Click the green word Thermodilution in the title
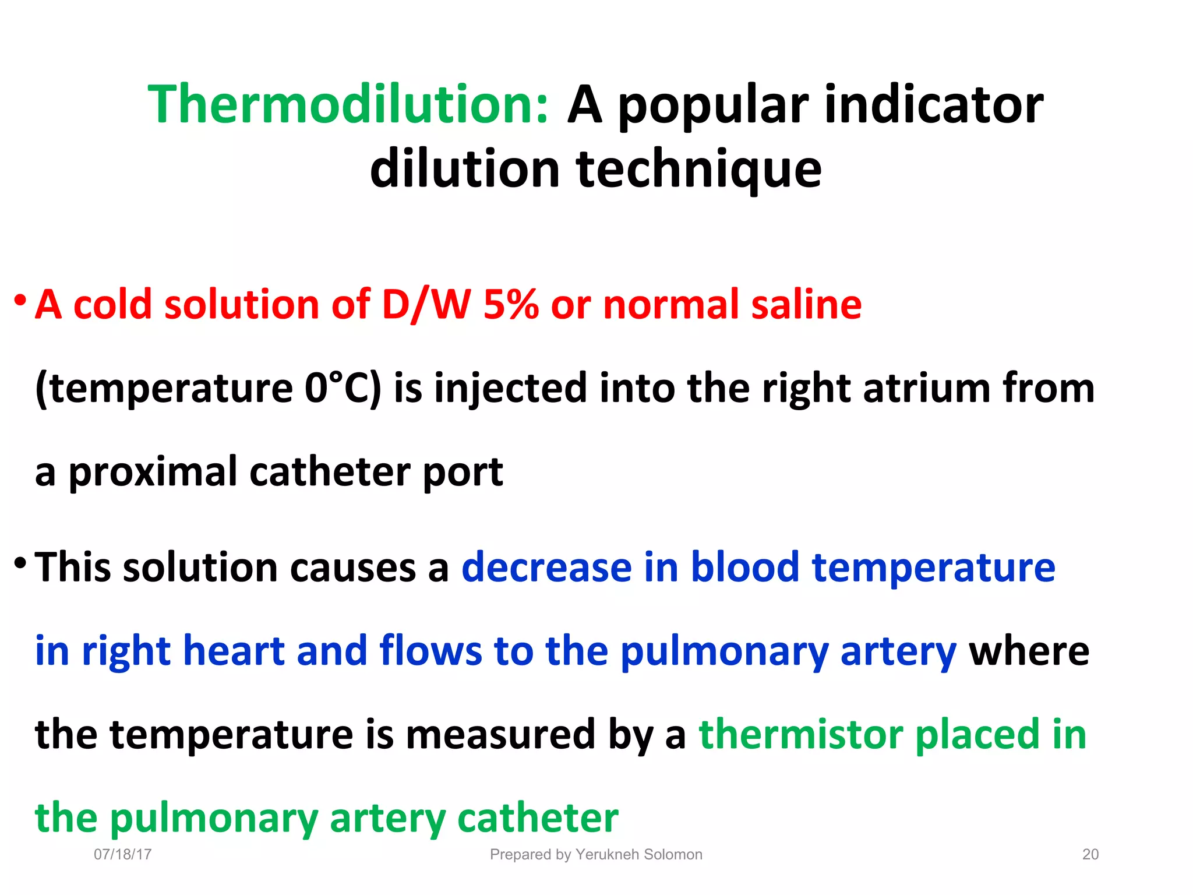(x=348, y=105)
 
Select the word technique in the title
(x=698, y=170)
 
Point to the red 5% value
(x=511, y=305)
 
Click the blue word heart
(x=234, y=651)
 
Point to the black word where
(x=1029, y=651)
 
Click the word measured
(x=500, y=734)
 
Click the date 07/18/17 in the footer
(x=123, y=855)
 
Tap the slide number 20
(x=1090, y=855)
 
